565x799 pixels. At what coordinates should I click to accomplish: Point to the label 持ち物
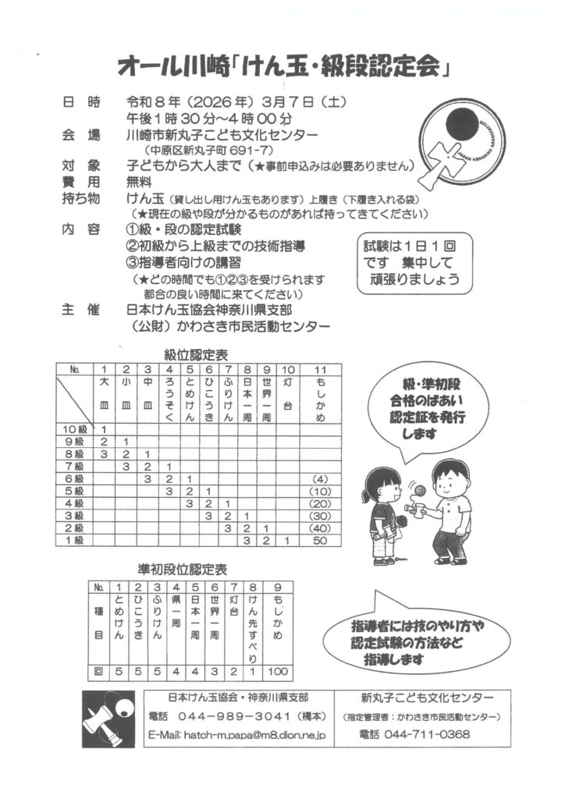[80, 197]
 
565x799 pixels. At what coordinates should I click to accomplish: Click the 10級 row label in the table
[76, 429]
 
